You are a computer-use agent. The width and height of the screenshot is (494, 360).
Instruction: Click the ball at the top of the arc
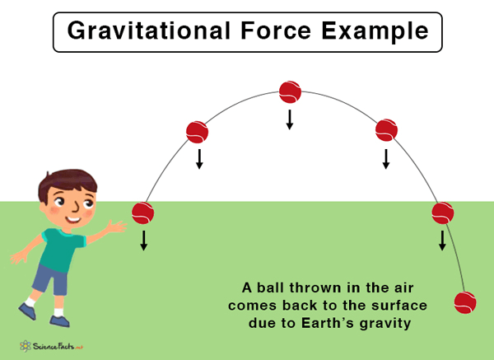[x=290, y=92]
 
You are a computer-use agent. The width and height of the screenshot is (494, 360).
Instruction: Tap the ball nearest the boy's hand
[x=142, y=213]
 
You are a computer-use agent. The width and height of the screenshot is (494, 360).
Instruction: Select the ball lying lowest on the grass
[x=465, y=302]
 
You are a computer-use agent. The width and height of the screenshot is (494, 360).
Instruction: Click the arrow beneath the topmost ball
[x=290, y=119]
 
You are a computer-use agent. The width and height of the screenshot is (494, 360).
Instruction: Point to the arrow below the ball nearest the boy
[x=143, y=241]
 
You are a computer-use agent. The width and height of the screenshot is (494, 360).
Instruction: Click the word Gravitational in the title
[x=149, y=31]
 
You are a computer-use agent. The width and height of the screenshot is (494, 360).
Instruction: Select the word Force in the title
[x=276, y=30]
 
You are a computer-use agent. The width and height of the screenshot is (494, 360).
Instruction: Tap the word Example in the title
[x=375, y=31]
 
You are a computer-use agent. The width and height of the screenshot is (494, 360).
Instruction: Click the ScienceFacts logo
[x=51, y=346]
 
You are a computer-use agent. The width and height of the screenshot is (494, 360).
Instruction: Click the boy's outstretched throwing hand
[x=117, y=227]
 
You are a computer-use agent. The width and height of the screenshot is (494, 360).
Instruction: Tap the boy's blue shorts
[x=51, y=280]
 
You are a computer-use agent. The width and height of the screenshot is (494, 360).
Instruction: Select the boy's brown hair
[x=67, y=183]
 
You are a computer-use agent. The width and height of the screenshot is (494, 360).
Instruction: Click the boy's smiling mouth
[x=73, y=220]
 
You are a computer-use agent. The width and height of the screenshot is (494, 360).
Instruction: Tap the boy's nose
[x=76, y=208]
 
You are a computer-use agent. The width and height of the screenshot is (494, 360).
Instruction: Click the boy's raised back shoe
[x=27, y=311]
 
